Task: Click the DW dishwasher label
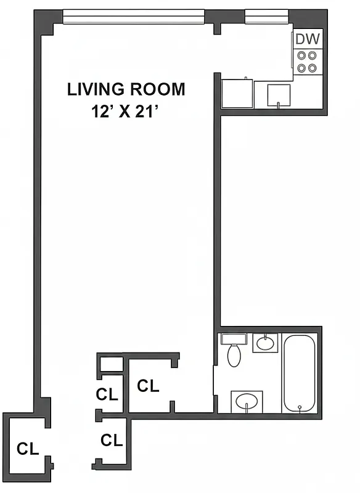point(307,39)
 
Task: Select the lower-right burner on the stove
point(313,67)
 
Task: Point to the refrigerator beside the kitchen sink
point(239,93)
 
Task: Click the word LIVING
point(96,89)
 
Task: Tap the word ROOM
point(157,89)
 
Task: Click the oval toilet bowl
point(234,356)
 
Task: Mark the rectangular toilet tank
point(234,339)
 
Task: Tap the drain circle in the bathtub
point(300,407)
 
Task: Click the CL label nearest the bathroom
point(148,386)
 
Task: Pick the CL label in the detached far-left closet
point(28,448)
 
